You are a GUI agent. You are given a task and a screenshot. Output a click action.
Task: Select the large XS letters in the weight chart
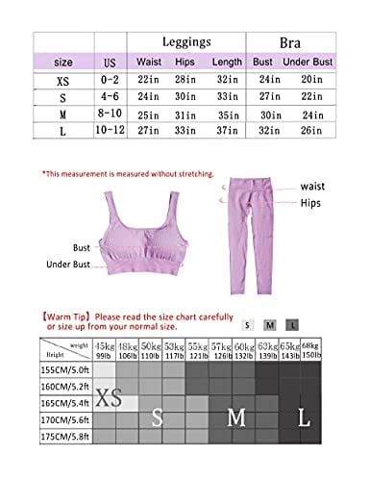(108, 399)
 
